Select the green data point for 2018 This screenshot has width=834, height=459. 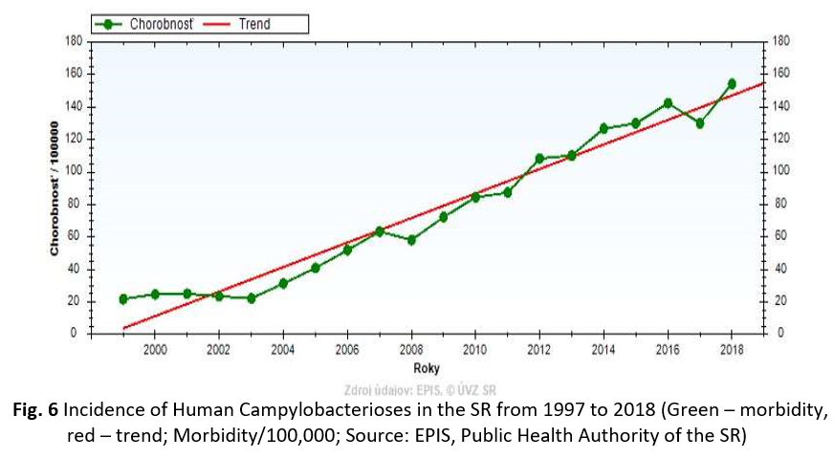pyautogui.click(x=732, y=84)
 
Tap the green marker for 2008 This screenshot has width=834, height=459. pyautogui.click(x=411, y=240)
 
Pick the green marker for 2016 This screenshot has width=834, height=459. pyautogui.click(x=668, y=103)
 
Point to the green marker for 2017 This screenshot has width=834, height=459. pyautogui.click(x=699, y=123)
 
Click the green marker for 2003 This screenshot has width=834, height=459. pyautogui.click(x=251, y=298)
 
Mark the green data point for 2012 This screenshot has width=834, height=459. pyautogui.click(x=539, y=158)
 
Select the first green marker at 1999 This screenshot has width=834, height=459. pyautogui.click(x=122, y=298)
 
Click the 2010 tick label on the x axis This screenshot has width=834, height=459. pyautogui.click(x=475, y=350)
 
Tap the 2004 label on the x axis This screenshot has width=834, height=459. pyautogui.click(x=283, y=350)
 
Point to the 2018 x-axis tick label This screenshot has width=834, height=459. pyautogui.click(x=732, y=350)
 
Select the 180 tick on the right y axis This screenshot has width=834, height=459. pyautogui.click(x=780, y=41)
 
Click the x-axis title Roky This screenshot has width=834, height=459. pyautogui.click(x=427, y=368)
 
